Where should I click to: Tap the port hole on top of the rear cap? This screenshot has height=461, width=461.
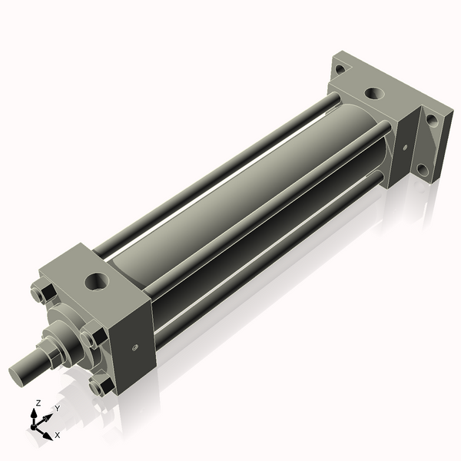(x=373, y=94)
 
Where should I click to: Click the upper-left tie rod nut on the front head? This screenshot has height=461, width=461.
(x=41, y=295)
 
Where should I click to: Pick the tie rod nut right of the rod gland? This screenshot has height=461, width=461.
(x=91, y=339)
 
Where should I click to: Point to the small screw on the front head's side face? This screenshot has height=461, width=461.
(x=135, y=347)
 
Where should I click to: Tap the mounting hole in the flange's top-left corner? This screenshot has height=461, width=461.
(x=340, y=69)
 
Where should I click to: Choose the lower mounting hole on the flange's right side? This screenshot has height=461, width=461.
(x=420, y=170)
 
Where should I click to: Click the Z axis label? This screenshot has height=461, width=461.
(x=38, y=403)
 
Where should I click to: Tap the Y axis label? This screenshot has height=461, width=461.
(x=57, y=409)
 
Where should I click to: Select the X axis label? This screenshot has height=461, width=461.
(x=57, y=435)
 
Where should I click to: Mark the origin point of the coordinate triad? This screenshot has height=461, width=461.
(x=35, y=425)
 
